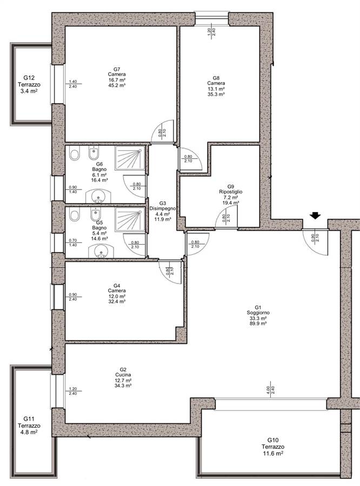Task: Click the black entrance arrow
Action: (x=315, y=215)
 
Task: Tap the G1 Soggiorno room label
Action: (x=258, y=318)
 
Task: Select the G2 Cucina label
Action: (x=123, y=377)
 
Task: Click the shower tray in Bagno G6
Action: (x=130, y=158)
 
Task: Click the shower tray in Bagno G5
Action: (x=130, y=219)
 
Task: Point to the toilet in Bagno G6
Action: (x=75, y=153)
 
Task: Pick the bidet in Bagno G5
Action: (x=95, y=214)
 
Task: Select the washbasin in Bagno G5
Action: (x=101, y=252)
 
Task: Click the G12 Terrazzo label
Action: (x=29, y=85)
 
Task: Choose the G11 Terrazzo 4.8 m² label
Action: (x=29, y=426)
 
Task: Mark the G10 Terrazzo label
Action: (x=273, y=447)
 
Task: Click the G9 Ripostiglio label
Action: (x=231, y=194)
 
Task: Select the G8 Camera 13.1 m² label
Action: (x=216, y=86)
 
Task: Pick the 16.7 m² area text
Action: (x=117, y=80)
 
